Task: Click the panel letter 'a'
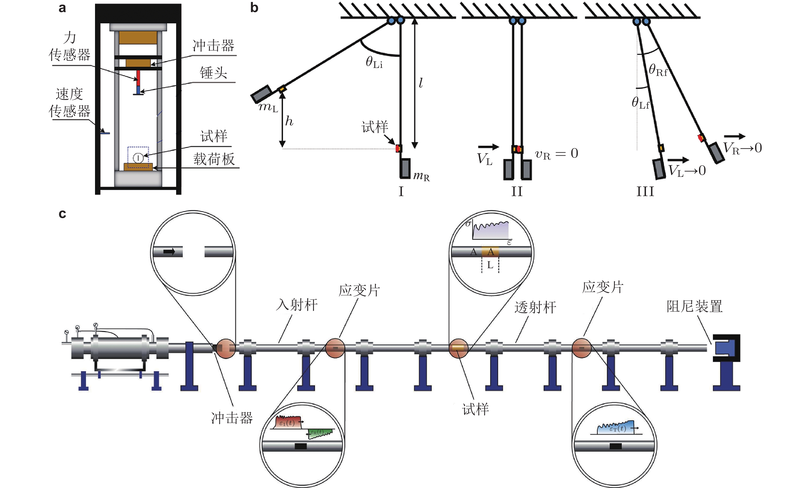(x=62, y=8)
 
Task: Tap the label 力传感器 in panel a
(x=70, y=46)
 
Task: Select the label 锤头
(x=213, y=73)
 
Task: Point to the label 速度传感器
(x=70, y=103)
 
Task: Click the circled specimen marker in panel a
(x=138, y=158)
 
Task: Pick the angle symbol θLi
(x=374, y=62)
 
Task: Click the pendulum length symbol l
(x=421, y=83)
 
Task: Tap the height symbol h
(x=289, y=121)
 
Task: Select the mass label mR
(x=421, y=176)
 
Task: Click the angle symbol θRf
(x=658, y=70)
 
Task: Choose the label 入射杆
(x=297, y=305)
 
